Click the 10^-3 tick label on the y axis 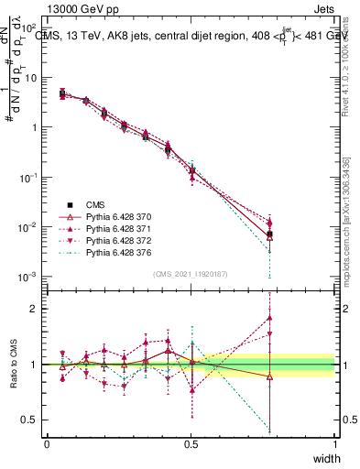(27, 277)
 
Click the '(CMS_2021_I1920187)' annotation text (191, 274)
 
